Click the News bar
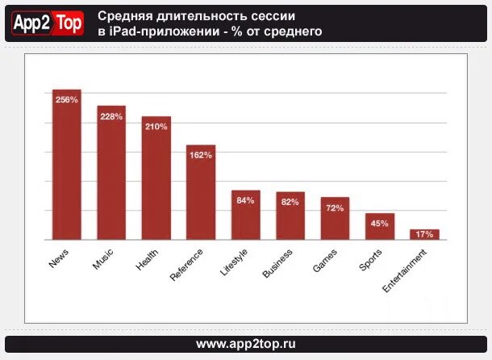(67, 165)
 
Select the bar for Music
(111, 173)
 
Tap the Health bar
(156, 178)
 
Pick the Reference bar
(201, 193)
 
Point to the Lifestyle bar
(246, 216)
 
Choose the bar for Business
(290, 216)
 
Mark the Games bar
(335, 219)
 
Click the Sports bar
(380, 227)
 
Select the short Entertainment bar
(424, 235)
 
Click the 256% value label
(67, 100)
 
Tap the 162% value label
(201, 156)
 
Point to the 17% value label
(424, 234)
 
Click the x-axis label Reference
(187, 264)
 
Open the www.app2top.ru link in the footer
(246, 344)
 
